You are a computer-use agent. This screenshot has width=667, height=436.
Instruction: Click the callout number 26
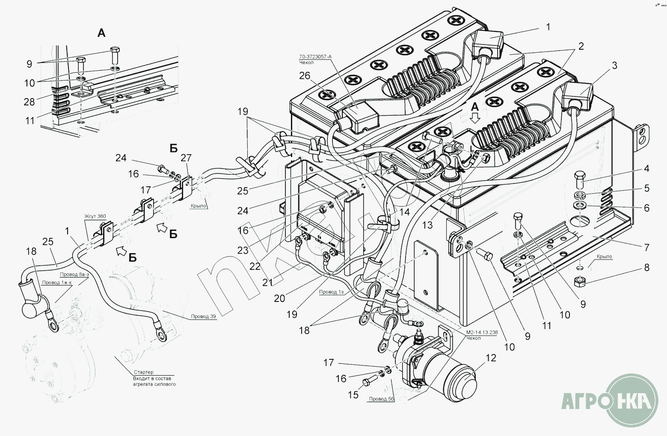point(305,76)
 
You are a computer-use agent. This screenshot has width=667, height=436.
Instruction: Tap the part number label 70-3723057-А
point(315,57)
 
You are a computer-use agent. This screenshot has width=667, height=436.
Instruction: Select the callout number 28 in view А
point(30,102)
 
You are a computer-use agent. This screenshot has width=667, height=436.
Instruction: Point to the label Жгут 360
point(95,216)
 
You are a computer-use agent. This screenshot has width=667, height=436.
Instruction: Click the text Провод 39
point(203,317)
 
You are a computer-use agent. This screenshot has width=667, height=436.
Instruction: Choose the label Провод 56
point(381,399)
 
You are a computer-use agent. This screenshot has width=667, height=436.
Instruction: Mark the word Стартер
point(143,372)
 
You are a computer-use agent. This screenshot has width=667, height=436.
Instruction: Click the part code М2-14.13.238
point(481,332)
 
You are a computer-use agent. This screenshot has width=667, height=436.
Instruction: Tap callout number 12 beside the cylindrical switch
point(491,358)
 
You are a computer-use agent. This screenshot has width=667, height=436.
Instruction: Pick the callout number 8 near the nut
point(646,268)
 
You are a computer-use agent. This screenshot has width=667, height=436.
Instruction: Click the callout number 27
point(186,158)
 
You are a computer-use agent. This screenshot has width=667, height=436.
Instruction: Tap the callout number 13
point(427,224)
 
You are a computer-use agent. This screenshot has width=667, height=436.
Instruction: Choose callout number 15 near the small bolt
point(353,394)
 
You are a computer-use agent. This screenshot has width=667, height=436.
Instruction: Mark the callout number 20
point(279,298)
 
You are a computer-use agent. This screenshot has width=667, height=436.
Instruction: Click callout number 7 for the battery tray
point(646,247)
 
